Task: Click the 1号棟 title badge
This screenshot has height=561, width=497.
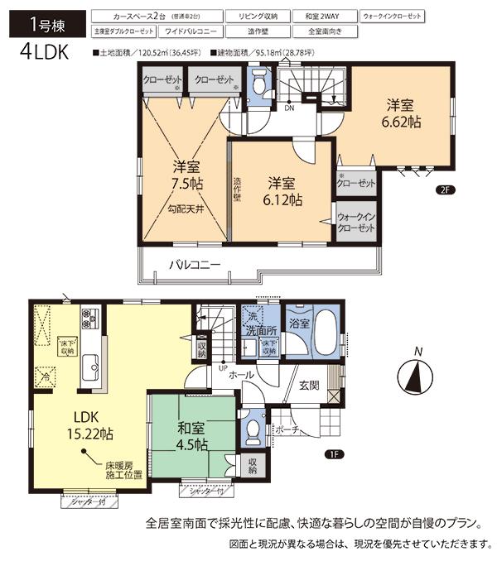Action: pyautogui.click(x=39, y=22)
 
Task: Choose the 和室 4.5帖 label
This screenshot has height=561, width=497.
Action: pyautogui.click(x=191, y=435)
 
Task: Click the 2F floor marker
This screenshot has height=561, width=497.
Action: pyautogui.click(x=445, y=189)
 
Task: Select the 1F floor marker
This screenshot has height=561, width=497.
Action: pyautogui.click(x=333, y=452)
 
